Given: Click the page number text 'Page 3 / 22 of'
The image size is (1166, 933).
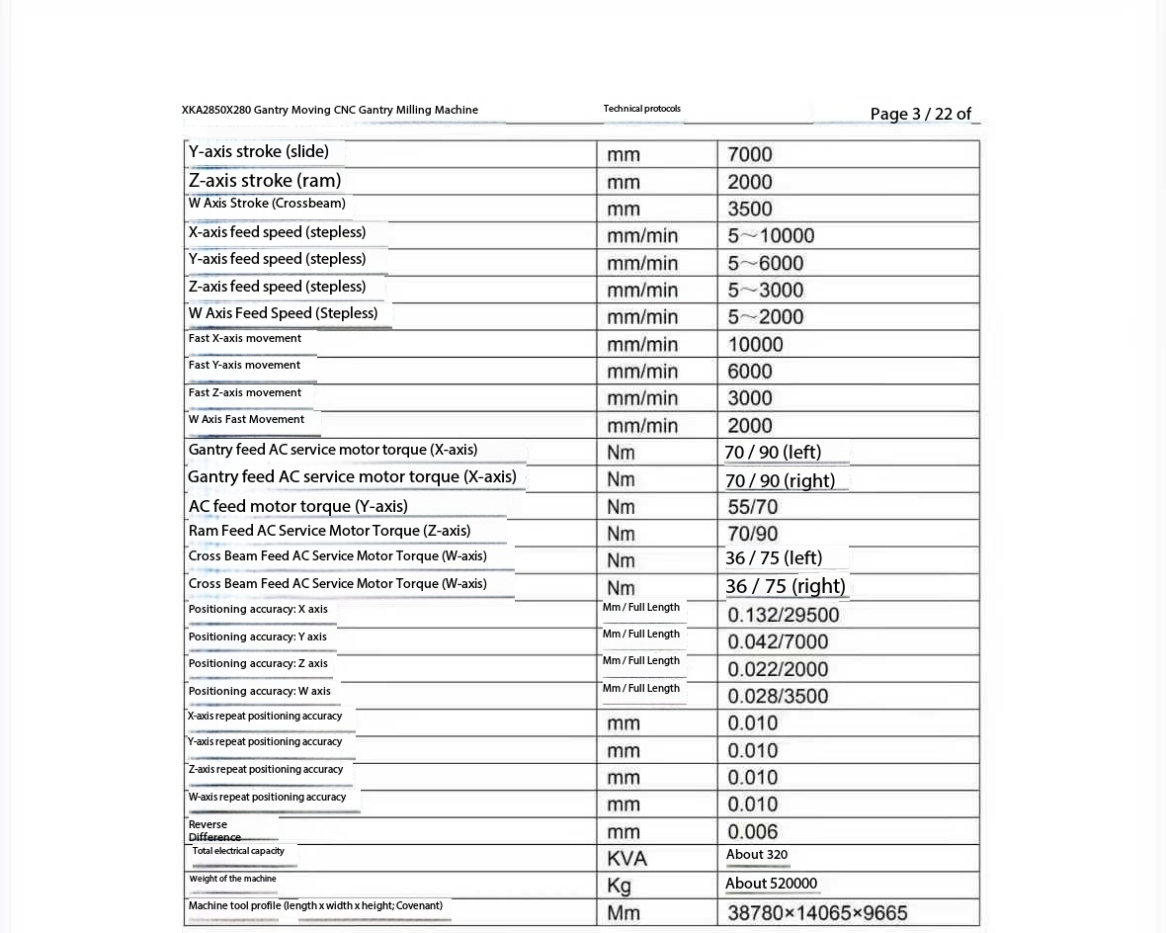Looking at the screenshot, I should [x=920, y=114].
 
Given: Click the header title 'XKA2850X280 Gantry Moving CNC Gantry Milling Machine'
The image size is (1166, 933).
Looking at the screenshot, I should [x=330, y=110].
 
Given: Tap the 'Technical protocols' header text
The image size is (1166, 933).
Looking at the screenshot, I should [x=641, y=109].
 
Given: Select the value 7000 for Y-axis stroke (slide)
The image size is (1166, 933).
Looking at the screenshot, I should [x=750, y=154].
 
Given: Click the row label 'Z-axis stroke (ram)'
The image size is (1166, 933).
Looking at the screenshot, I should [x=265, y=180].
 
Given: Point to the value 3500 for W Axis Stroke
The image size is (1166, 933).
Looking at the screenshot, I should [x=750, y=209].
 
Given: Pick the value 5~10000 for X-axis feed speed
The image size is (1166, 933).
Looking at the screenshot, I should [x=771, y=235].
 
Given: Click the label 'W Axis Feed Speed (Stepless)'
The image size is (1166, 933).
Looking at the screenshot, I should [x=283, y=313].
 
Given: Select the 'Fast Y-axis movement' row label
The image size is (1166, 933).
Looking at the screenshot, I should [x=244, y=365].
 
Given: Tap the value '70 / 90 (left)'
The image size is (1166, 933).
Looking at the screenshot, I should [x=773, y=453].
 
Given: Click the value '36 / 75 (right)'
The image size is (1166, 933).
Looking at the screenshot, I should [x=786, y=586].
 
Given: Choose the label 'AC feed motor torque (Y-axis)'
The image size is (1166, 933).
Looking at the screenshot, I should [x=298, y=506].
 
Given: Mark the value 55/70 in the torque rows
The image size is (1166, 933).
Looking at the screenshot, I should [x=753, y=507].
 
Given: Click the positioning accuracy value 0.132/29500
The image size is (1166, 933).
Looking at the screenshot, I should [x=784, y=615].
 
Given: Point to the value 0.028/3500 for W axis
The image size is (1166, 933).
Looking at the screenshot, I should [x=778, y=696].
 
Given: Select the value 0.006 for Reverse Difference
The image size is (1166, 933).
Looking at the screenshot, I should [x=753, y=831].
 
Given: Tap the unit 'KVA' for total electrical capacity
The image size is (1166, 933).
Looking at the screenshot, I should [x=626, y=858].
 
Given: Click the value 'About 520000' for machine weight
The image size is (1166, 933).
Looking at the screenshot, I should [x=771, y=884].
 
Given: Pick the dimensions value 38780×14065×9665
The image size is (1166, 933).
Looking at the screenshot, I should [x=817, y=912].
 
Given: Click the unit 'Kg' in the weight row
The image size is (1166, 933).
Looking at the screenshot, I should [x=619, y=886].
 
